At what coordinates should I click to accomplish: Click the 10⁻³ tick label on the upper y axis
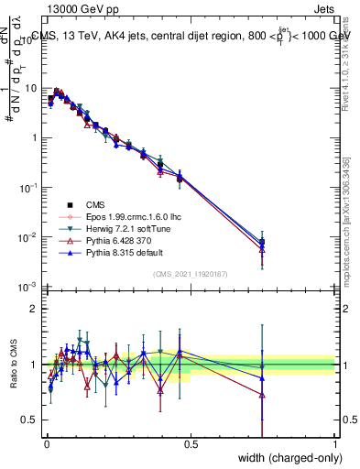(x=27, y=287)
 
